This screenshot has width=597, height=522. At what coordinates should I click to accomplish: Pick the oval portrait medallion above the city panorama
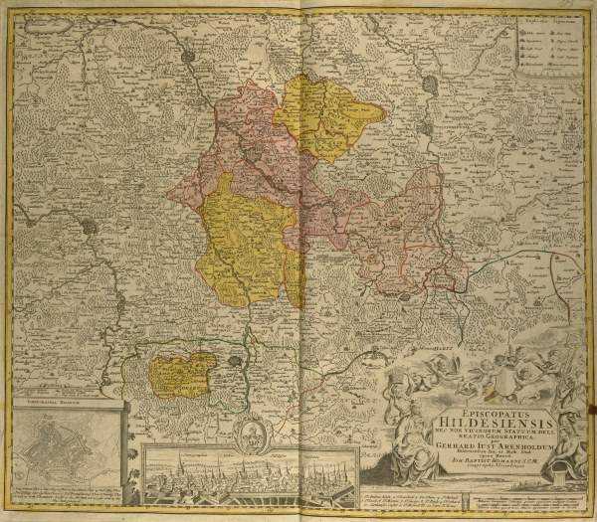pos(257,432)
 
